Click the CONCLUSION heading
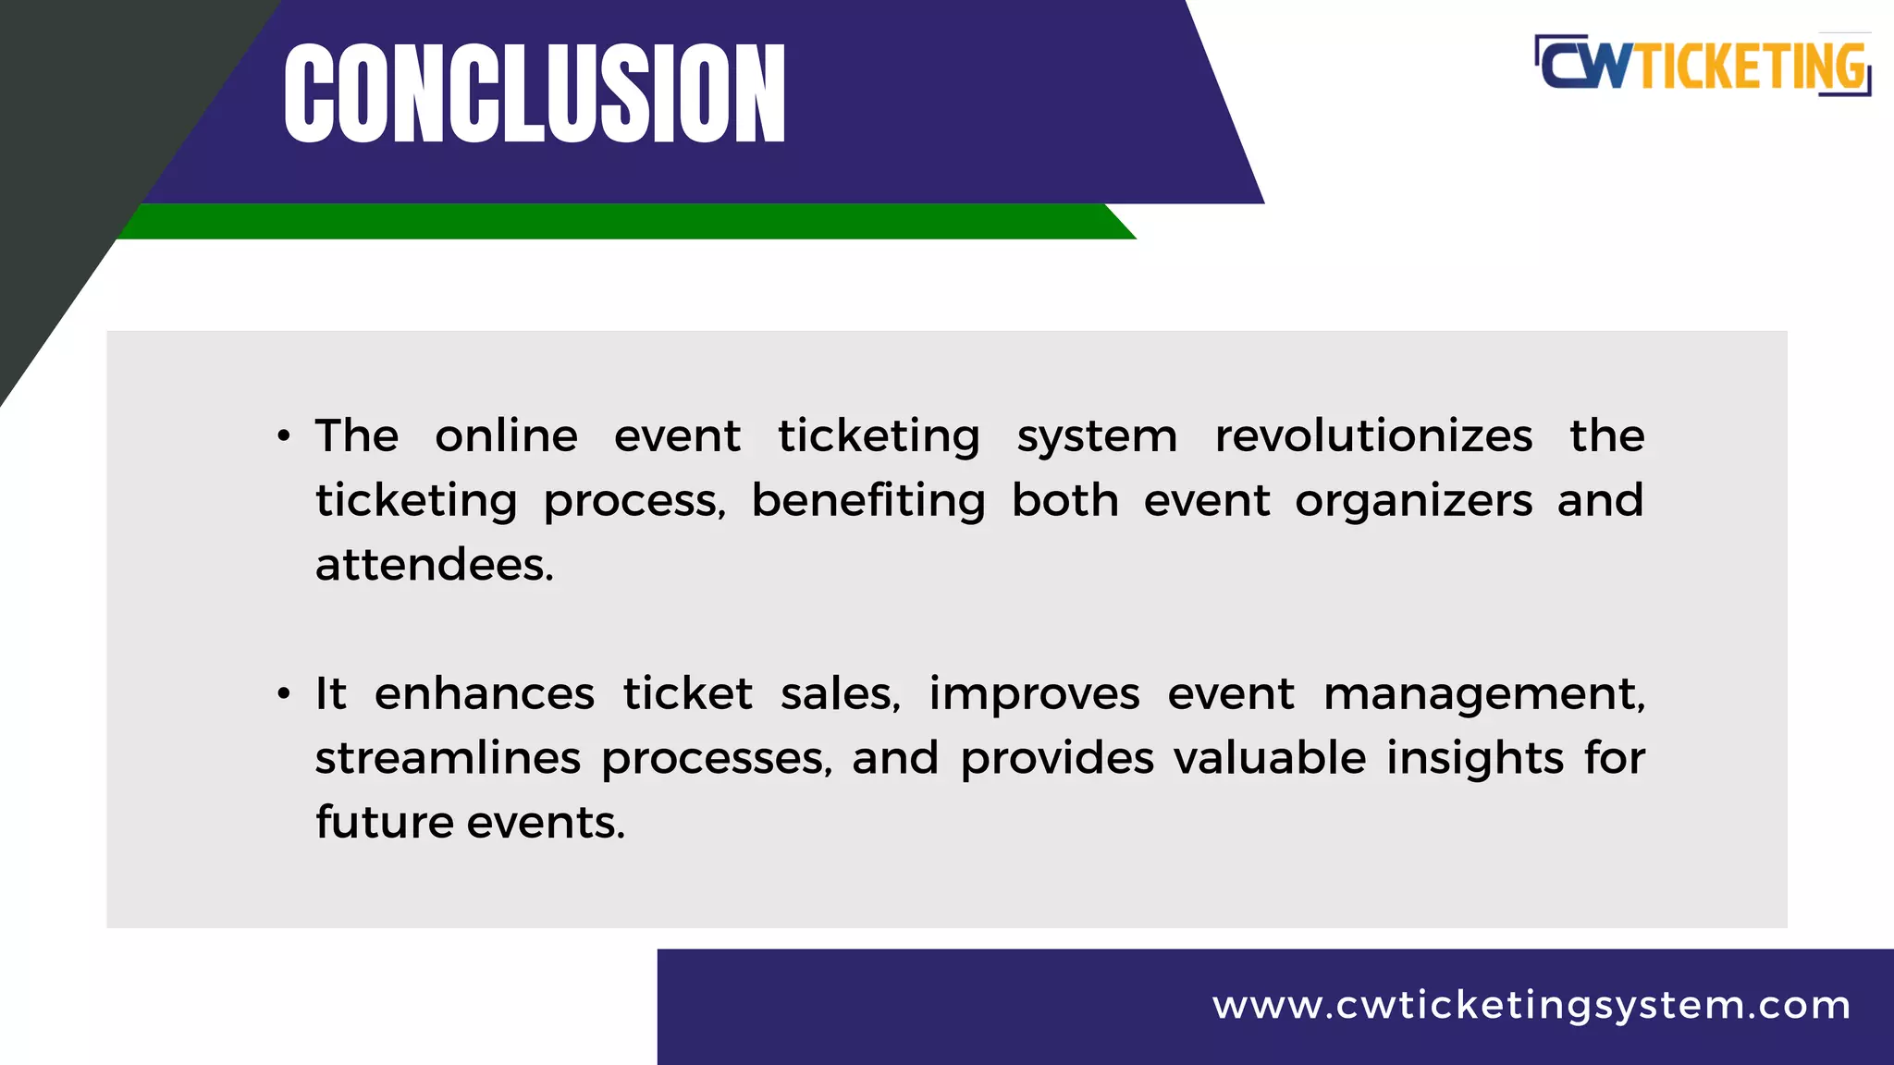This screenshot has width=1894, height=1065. pyautogui.click(x=535, y=93)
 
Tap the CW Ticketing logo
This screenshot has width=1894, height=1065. pyautogui.click(x=1703, y=65)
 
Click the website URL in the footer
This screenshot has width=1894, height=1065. pyautogui.click(x=1531, y=1005)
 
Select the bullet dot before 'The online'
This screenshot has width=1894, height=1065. pyautogui.click(x=284, y=435)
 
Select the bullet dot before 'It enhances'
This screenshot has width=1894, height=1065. pyautogui.click(x=284, y=693)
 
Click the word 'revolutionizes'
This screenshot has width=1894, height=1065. pyautogui.click(x=1373, y=435)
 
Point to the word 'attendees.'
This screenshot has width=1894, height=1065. pyautogui.click(x=435, y=565)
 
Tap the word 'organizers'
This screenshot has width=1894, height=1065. pyautogui.click(x=1413, y=501)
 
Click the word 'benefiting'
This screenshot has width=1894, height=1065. pyautogui.click(x=868, y=501)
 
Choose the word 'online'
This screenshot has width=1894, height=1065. pyautogui.click(x=507, y=435)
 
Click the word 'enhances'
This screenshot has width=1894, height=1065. pyautogui.click(x=485, y=693)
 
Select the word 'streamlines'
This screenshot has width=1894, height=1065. pyautogui.click(x=448, y=758)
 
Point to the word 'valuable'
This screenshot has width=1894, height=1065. pyautogui.click(x=1270, y=758)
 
